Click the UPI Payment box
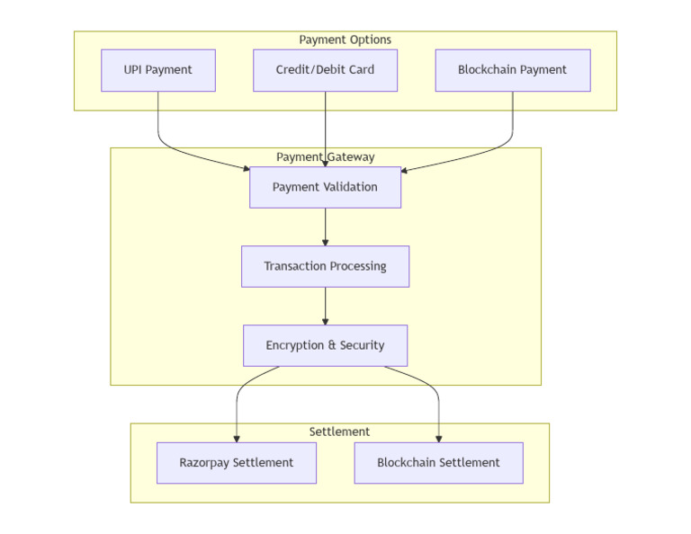pos(158,70)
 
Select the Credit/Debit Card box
pos(325,70)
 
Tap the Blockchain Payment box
pos(512,70)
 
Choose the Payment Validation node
pos(325,187)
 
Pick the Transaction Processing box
pos(325,266)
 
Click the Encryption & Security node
pos(325,345)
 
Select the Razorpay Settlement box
pos(236,463)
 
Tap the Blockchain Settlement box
pos(438,463)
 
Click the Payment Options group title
pos(345,40)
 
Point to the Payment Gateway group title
pos(325,156)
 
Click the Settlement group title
pos(339,432)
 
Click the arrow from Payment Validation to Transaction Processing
pos(325,227)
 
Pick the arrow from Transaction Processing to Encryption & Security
pos(325,306)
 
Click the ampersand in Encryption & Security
pos(331,345)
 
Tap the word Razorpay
pos(204,463)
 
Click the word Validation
pos(347,187)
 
